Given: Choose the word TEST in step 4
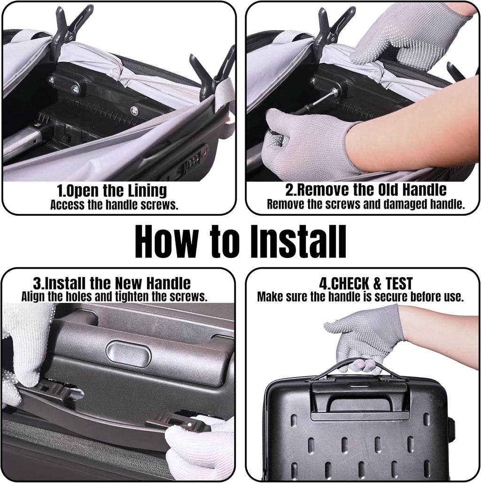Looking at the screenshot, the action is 398,283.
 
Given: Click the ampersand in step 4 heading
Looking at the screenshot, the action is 377,283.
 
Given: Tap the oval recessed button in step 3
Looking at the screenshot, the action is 128,354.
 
